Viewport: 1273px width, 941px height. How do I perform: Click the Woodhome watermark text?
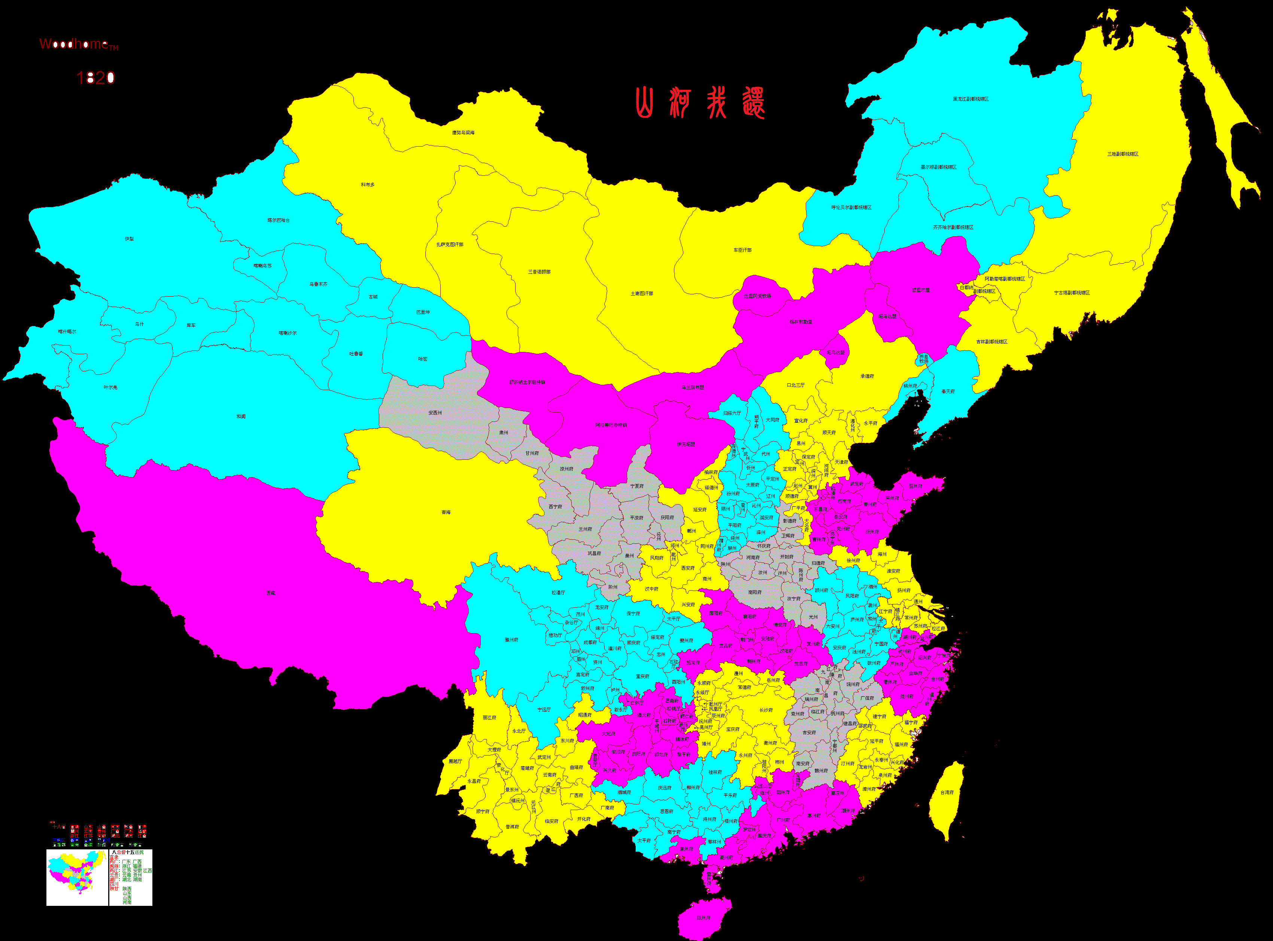pos(78,45)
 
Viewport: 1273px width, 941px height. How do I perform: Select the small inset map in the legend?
pos(77,877)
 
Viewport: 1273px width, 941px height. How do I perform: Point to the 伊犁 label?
pos(130,239)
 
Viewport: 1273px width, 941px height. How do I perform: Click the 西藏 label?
pos(271,593)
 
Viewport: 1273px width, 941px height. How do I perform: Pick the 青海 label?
pos(446,512)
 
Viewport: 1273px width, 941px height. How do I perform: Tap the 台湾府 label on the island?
pos(947,792)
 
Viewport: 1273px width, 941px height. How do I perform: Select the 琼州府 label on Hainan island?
pos(704,918)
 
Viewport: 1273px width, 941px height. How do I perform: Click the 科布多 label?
pos(368,184)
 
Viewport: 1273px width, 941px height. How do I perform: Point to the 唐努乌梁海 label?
pos(463,133)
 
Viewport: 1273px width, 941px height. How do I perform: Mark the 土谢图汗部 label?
pos(642,293)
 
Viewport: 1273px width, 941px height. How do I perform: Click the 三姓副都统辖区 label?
pos(1122,154)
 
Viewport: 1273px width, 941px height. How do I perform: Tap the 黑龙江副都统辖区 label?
pos(971,99)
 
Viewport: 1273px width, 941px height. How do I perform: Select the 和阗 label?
pos(241,416)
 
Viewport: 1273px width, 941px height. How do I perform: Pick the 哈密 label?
pos(422,359)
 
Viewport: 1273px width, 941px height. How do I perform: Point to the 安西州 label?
pos(435,413)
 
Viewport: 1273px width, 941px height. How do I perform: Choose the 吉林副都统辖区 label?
pos(991,342)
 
